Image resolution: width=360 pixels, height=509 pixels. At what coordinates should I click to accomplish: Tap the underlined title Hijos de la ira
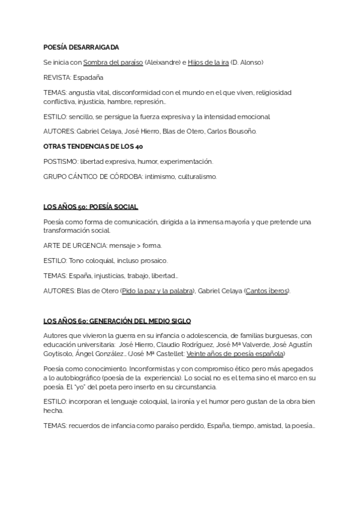point(208,62)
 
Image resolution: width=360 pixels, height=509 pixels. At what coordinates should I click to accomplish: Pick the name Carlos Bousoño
point(232,131)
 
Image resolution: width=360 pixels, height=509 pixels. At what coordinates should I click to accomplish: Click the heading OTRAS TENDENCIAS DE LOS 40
point(93,146)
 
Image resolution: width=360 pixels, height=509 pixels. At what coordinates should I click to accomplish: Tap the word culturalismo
point(194,176)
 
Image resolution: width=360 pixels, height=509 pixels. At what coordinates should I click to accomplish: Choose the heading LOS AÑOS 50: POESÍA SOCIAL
point(91,207)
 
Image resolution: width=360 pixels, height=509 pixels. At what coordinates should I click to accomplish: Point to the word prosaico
point(154,261)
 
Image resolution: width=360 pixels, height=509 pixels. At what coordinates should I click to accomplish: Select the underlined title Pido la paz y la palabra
point(158,291)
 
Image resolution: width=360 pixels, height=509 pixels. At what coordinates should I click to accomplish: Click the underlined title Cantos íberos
point(267,291)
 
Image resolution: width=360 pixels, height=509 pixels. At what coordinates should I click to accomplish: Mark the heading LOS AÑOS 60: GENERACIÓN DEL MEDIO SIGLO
point(117,322)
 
